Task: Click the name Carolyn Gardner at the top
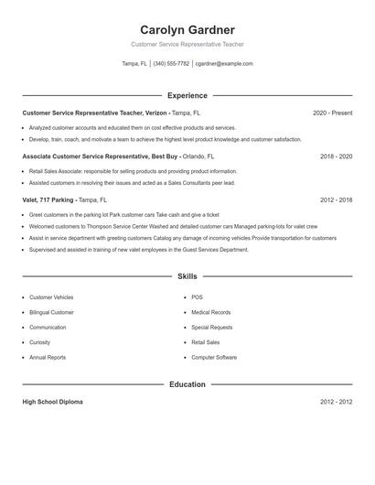coord(187,30)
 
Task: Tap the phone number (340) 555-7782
coord(172,64)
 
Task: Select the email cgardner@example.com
coord(224,64)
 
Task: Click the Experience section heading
coord(187,95)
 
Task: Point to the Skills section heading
coord(187,275)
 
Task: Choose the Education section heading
coord(187,384)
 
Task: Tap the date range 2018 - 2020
coord(336,156)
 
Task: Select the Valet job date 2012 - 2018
coord(336,199)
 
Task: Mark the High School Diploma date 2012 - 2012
coord(336,402)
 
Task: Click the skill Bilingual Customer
coord(52,312)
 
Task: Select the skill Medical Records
coord(210,312)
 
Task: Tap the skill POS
coord(197,297)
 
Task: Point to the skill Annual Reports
coord(47,357)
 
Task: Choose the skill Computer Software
coord(214,357)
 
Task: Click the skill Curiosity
coord(41,342)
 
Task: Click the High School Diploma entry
coord(54,402)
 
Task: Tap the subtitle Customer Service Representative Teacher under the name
coord(187,44)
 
